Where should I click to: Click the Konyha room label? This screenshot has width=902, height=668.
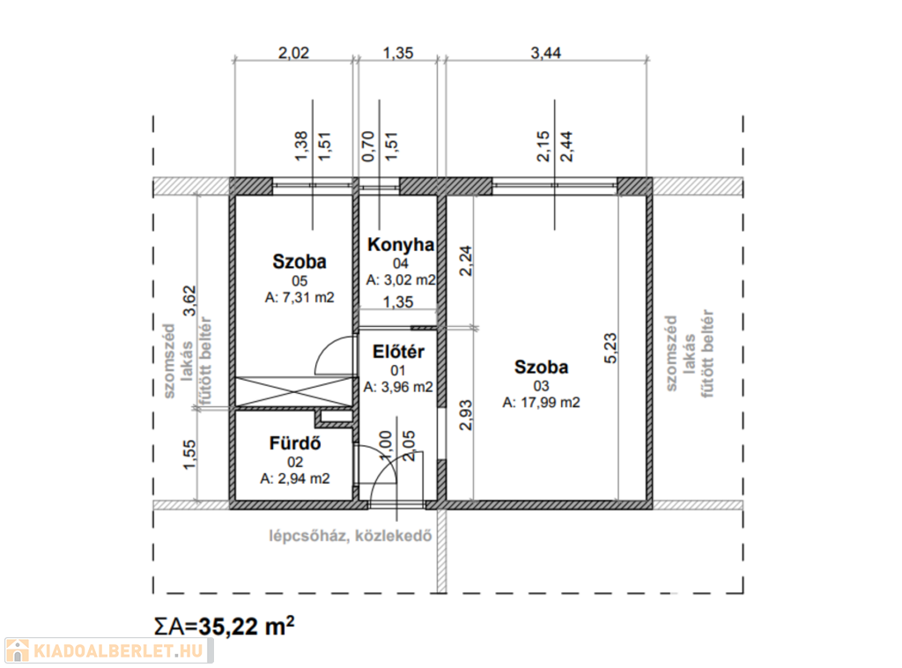pos(401,244)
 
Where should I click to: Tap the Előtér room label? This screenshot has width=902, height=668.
pos(399,352)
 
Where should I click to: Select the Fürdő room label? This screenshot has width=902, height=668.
pos(295,443)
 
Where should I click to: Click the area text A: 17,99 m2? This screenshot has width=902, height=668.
pos(541,403)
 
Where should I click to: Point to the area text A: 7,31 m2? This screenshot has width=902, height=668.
pos(299,298)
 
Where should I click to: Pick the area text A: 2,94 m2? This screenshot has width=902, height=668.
pos(295,479)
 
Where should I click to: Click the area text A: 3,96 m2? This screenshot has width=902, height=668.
pos(399,387)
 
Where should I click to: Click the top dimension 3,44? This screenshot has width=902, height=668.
pos(546,53)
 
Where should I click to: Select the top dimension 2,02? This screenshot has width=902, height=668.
pos(294,53)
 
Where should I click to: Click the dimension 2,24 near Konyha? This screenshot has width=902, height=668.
pos(466,259)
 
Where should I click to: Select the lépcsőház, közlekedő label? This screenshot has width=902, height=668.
pos(350,535)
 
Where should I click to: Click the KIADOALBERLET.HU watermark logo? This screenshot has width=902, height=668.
pos(107,651)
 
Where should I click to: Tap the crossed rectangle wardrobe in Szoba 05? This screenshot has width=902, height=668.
pos(292,391)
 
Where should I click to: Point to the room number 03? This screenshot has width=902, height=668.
pos(541,386)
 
